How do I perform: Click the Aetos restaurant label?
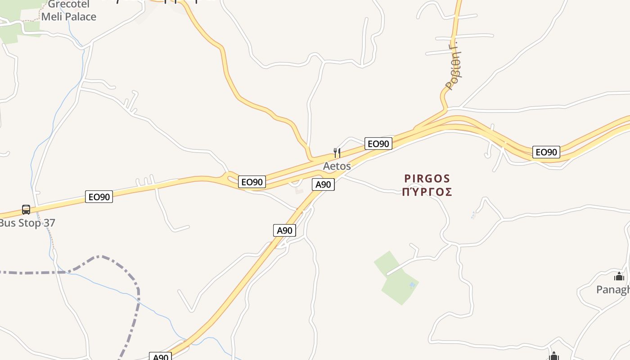click(x=337, y=166)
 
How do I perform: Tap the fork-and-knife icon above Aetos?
click(x=337, y=153)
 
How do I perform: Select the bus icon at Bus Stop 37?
click(x=26, y=210)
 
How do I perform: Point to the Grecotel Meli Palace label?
click(x=68, y=11)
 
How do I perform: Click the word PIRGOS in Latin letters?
click(x=427, y=179)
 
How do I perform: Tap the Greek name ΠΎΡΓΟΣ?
click(x=427, y=192)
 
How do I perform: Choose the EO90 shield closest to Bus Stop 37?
click(x=99, y=197)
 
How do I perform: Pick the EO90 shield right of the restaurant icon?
click(x=378, y=144)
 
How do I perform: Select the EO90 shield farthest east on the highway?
click(x=546, y=152)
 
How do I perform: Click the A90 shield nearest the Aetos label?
click(x=323, y=184)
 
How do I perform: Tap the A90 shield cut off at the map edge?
click(x=161, y=356)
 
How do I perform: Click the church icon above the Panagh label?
click(x=619, y=276)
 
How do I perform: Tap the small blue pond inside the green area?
click(x=412, y=285)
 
